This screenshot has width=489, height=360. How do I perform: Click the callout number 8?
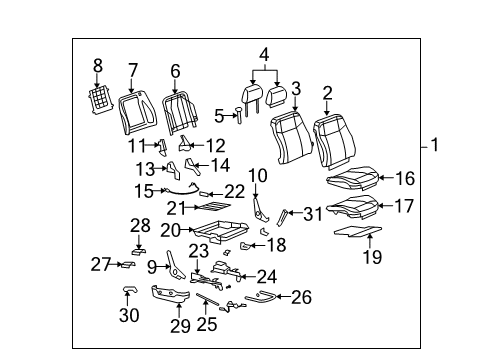(x=98, y=66)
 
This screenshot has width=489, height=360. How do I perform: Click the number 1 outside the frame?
(x=434, y=145)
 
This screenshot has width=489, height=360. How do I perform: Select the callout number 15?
(x=145, y=189)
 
